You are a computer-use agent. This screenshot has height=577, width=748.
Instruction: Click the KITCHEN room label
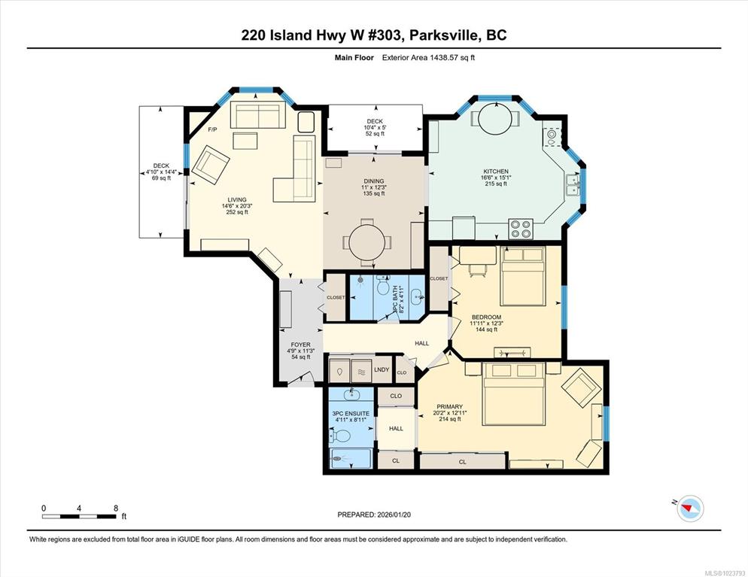pos(496,172)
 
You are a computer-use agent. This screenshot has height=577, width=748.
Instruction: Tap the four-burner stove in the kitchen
pos(521,229)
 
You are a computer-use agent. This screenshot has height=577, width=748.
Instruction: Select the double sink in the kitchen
pos(573,185)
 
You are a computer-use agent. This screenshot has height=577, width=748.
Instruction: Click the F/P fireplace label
pos(212,129)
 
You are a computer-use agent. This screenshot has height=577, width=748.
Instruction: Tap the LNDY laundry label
pos(382,369)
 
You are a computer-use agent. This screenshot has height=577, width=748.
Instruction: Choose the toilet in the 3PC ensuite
pos(340,436)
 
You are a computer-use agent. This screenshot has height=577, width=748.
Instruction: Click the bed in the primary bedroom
pos(513,394)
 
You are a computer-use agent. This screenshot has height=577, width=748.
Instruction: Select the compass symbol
pos(690,508)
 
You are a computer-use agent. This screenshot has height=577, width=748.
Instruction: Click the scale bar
pos(79,516)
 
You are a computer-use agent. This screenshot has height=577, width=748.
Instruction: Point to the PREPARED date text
pos(374,515)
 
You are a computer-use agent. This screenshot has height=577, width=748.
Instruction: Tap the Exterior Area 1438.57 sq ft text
pos(428,58)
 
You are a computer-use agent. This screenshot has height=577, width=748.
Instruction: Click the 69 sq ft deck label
pos(161,178)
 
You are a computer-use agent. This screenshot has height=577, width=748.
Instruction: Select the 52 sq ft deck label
pos(375,133)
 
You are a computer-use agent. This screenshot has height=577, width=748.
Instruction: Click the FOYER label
pos(300,345)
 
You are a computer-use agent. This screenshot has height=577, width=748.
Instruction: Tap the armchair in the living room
pos(208,165)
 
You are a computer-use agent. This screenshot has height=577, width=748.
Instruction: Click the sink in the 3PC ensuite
pos(352,394)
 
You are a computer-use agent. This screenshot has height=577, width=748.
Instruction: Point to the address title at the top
pos(374,35)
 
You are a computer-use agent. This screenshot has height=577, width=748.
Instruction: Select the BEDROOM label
pos(487,317)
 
